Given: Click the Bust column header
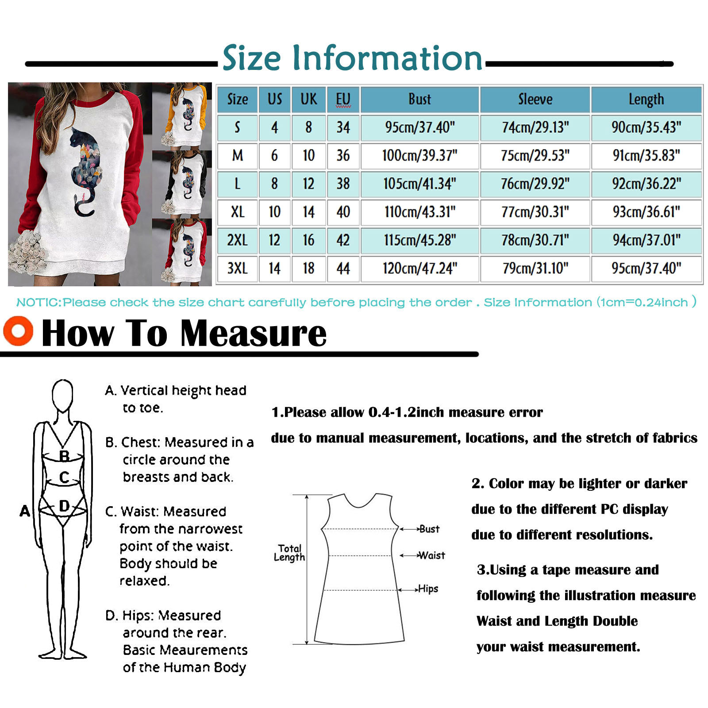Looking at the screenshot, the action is (419, 100).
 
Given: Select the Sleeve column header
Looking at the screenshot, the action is (535, 100).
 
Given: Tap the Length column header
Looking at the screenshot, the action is (646, 100).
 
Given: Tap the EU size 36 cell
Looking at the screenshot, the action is (343, 156).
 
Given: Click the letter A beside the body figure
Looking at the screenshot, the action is (25, 511).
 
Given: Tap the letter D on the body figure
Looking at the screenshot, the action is (65, 506).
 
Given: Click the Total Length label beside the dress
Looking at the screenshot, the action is (289, 553).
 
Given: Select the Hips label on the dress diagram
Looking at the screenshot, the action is (428, 589).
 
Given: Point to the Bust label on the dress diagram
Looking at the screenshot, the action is (429, 529).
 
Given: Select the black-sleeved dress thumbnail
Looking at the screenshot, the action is (182, 183).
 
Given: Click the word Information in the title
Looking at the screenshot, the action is (387, 58).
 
